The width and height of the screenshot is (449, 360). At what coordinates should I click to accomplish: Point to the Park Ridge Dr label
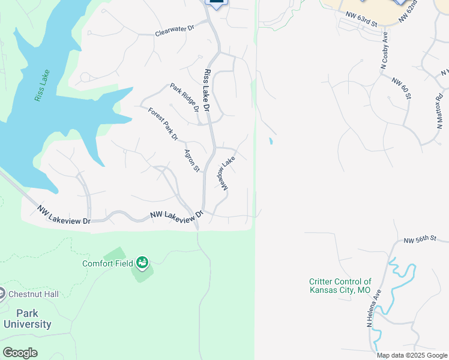184,98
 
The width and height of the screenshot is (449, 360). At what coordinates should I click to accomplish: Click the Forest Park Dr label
163,124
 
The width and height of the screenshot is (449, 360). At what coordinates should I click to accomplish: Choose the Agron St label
191,160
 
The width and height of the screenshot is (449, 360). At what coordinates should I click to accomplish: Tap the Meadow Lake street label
224,175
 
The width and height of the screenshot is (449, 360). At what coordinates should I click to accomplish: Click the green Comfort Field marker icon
142,262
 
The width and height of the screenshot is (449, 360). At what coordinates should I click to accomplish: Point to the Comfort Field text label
108,263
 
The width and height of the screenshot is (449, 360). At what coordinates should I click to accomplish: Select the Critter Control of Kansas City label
340,286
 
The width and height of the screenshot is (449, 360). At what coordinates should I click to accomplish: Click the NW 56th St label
419,239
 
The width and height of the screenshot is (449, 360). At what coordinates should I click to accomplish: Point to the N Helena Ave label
373,309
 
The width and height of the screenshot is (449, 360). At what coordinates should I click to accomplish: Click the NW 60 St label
402,88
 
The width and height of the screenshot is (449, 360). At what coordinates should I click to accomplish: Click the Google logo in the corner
20,352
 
